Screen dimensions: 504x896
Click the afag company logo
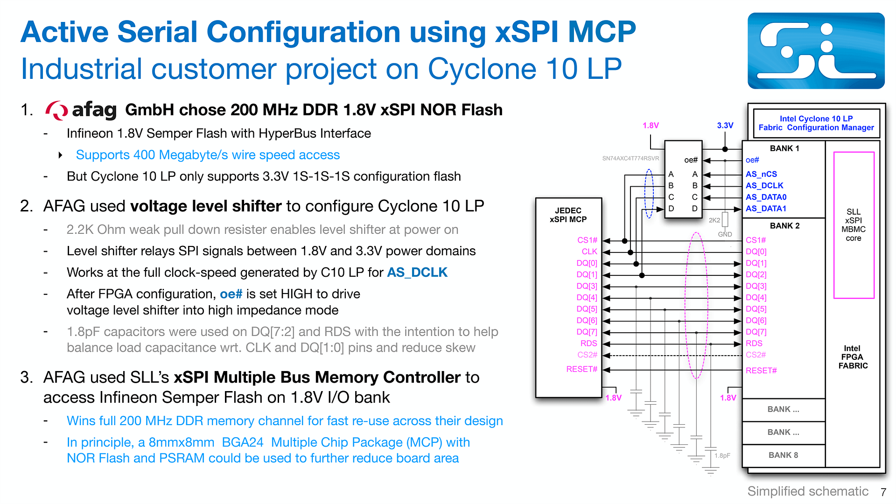tap(81, 110)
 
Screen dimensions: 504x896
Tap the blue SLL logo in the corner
tap(816, 51)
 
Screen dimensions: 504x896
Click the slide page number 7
tap(883, 492)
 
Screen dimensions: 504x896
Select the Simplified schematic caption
tap(807, 491)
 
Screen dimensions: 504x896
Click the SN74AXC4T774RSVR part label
tap(630, 159)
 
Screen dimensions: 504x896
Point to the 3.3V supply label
tap(725, 126)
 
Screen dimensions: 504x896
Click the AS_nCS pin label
tap(761, 174)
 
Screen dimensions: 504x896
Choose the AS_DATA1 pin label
tap(766, 209)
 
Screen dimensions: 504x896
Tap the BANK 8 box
tap(783, 455)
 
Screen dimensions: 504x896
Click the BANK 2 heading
tap(784, 226)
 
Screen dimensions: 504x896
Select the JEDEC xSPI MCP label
tap(568, 215)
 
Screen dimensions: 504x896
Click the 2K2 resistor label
tap(714, 220)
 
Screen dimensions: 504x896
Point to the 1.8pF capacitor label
tap(722, 455)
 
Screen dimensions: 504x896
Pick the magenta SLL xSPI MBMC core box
tap(854, 225)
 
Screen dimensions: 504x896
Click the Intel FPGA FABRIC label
tap(853, 357)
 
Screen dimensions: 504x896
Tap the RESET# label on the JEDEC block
tap(581, 369)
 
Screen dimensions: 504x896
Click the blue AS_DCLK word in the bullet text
tap(417, 273)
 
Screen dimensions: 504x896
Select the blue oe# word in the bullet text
tap(231, 294)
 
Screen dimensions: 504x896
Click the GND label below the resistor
tap(725, 234)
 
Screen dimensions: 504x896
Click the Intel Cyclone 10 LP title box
tap(816, 123)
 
